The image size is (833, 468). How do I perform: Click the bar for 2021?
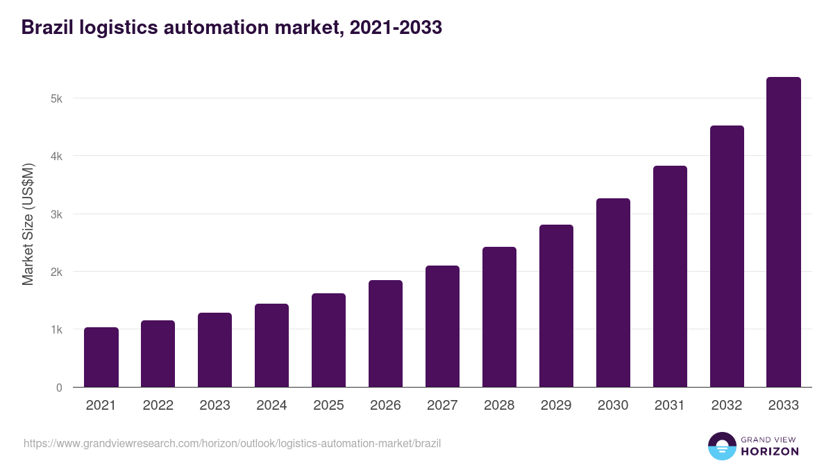coord(101,357)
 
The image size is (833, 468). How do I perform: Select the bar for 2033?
coord(784,232)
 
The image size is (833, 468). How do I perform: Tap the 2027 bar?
coord(442,327)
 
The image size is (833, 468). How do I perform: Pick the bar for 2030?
coord(613,293)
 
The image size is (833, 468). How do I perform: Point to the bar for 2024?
coord(271,345)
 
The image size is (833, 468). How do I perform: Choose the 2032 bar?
coord(727,257)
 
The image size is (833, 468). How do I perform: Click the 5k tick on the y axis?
coord(56,98)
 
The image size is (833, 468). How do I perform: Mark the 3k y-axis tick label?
coord(56,214)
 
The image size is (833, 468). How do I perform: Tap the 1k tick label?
coord(56,329)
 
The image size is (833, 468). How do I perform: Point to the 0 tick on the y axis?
coord(59,388)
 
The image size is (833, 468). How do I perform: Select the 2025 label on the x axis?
coord(328,406)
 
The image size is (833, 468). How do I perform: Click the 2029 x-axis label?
coord(556,406)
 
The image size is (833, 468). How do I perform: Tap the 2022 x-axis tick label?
coord(158,406)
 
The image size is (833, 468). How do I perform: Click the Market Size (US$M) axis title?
coord(28,224)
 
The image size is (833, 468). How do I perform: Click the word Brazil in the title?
coord(47,28)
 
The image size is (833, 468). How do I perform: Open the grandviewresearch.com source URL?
coord(232,444)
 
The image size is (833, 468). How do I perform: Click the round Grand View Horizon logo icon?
coord(722,446)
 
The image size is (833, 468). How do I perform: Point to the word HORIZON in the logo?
coord(770,451)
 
